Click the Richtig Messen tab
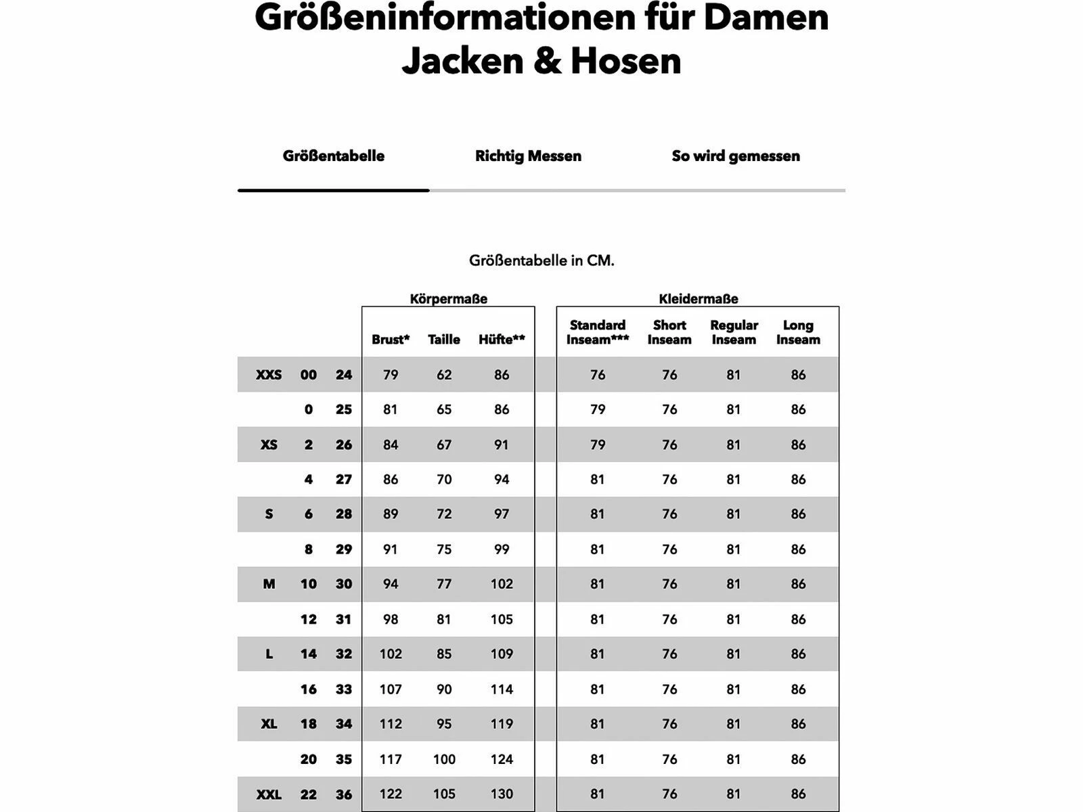[528, 156]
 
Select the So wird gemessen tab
[736, 156]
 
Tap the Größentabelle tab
[334, 156]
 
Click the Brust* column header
[391, 340]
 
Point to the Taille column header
[444, 340]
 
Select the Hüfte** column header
[502, 340]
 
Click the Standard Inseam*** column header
[598, 332]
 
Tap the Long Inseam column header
[798, 332]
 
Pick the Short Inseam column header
[669, 332]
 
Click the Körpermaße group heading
[448, 298]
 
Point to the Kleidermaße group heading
[699, 298]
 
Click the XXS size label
[269, 375]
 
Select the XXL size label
[269, 794]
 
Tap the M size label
[269, 584]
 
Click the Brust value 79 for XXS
[391, 375]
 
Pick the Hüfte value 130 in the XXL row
[502, 794]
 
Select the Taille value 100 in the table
[444, 759]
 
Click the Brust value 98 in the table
[391, 619]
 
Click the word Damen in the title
[766, 18]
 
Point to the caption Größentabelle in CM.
[541, 261]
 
